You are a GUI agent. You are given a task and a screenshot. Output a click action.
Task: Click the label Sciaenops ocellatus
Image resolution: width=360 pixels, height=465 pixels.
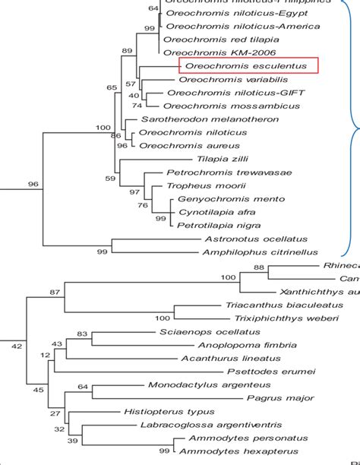coord(210,332)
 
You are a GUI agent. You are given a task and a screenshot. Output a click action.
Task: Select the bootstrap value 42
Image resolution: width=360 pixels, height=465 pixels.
coord(17,347)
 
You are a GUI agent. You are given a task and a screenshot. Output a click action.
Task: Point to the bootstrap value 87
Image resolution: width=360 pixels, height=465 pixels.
coord(55,293)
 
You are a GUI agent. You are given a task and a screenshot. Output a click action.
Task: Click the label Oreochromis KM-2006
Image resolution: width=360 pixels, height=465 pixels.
coord(204,53)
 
